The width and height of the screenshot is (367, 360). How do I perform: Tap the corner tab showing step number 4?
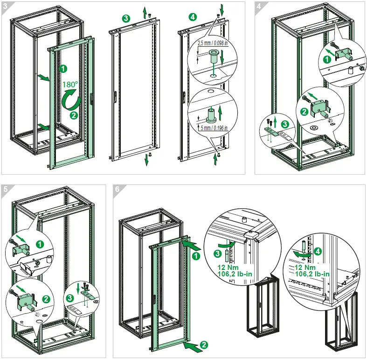click(x=259, y=6)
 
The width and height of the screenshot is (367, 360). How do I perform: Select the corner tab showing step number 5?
click(x=5, y=189)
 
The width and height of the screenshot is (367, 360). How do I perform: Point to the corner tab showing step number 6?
click(x=118, y=189)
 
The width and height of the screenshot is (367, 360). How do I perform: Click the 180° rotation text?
click(x=72, y=84)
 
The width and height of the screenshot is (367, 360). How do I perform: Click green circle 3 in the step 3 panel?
click(x=125, y=19)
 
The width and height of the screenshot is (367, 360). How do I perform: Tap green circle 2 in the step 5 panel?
click(x=46, y=298)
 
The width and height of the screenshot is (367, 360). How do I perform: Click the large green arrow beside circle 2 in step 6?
click(x=193, y=346)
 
